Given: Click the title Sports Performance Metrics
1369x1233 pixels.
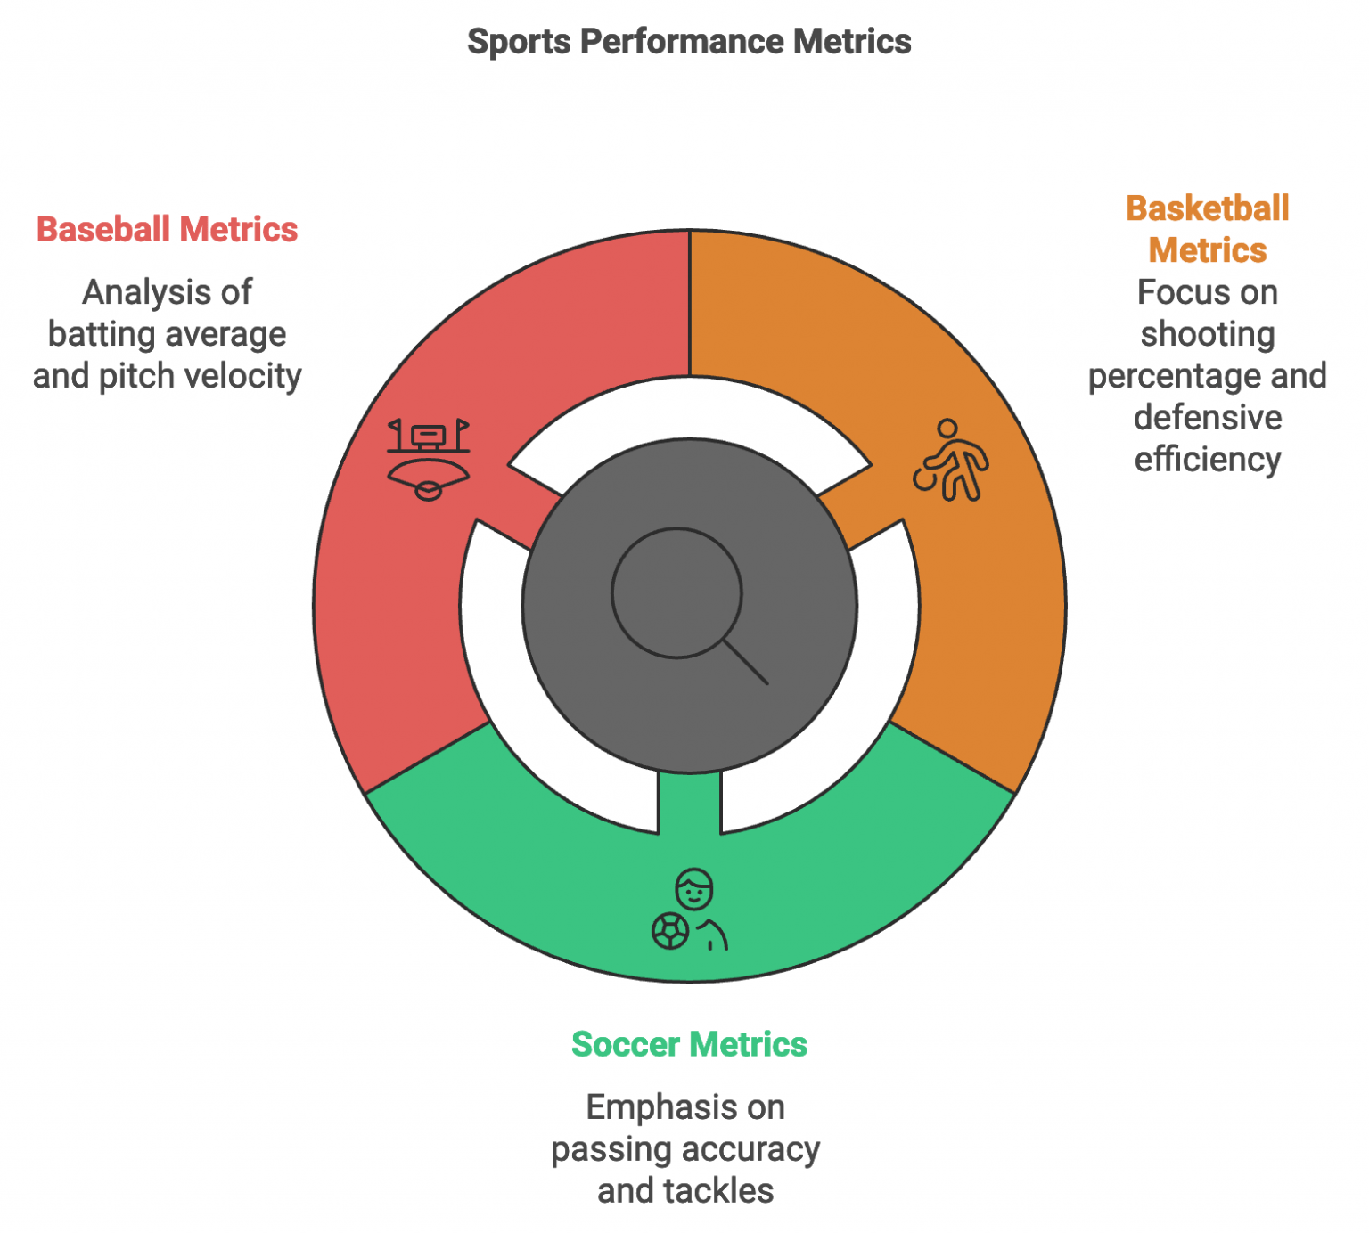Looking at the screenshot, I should pos(689,42).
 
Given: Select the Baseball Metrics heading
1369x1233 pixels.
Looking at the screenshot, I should pos(167,230).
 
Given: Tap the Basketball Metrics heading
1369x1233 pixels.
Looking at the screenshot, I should pos(1207,229).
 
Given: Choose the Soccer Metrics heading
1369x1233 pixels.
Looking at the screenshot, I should pos(689,1044).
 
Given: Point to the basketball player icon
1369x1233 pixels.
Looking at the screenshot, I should pos(952,461).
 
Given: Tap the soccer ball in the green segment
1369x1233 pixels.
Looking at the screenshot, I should pos(670,931).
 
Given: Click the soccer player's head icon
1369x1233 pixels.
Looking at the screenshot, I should pos(694,888).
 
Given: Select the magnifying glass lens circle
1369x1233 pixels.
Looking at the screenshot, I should pos(676,593).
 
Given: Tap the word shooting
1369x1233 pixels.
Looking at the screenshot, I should pos(1208,334).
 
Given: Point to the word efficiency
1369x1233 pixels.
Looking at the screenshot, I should pos(1208,460).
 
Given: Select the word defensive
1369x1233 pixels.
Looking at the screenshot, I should pos(1208,418).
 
